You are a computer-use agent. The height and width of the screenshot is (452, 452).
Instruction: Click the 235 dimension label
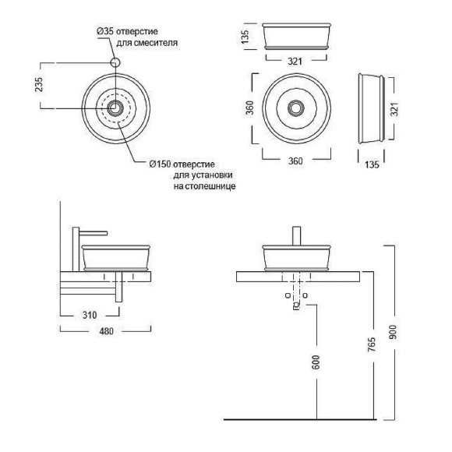pyautogui.click(x=39, y=84)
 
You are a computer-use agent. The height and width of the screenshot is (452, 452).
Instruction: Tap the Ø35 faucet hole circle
pyautogui.click(x=115, y=62)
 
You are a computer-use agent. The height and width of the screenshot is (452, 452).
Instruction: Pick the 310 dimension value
pyautogui.click(x=90, y=315)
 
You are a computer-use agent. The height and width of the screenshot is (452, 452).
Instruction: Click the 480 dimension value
pyautogui.click(x=106, y=331)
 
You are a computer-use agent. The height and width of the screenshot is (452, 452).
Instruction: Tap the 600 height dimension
pyautogui.click(x=316, y=362)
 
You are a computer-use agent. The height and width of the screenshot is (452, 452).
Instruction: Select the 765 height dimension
pyautogui.click(x=373, y=344)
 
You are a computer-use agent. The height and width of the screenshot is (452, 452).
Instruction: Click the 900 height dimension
pyautogui.click(x=393, y=332)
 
